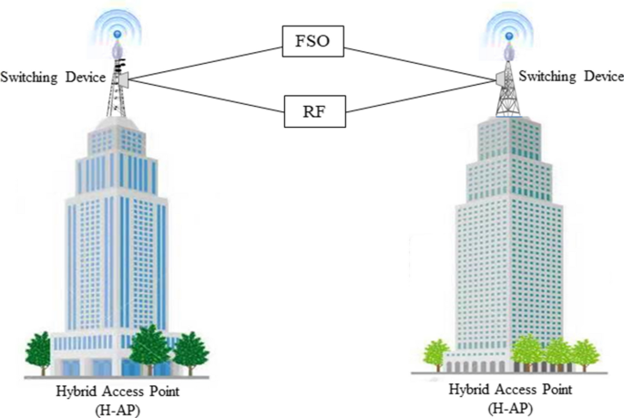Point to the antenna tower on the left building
117,87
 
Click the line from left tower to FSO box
206,57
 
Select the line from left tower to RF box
206,97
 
